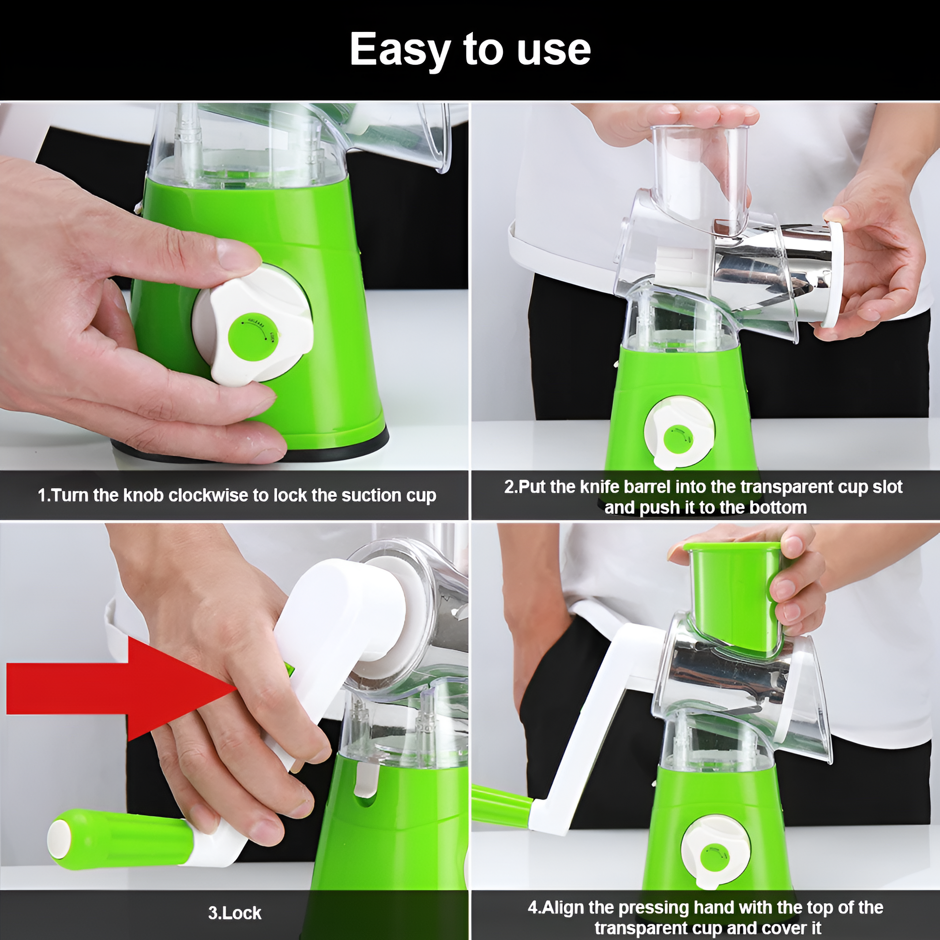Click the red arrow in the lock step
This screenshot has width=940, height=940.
point(122,688)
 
